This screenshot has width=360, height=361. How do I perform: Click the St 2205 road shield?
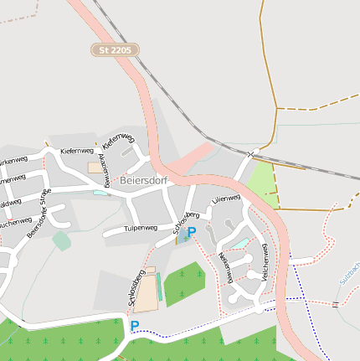(x=115, y=50)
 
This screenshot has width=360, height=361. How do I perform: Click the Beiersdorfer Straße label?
(x=39, y=213)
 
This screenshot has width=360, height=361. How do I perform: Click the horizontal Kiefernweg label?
(x=77, y=151)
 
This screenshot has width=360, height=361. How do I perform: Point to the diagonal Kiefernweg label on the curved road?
(x=118, y=141)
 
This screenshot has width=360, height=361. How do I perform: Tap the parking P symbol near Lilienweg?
(x=191, y=232)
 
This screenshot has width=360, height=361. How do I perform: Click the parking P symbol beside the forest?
(x=134, y=326)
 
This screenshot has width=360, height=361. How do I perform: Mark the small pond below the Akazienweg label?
(x=100, y=193)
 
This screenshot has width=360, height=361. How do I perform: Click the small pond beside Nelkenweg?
(x=240, y=244)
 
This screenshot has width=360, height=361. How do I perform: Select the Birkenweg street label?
(x=15, y=159)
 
